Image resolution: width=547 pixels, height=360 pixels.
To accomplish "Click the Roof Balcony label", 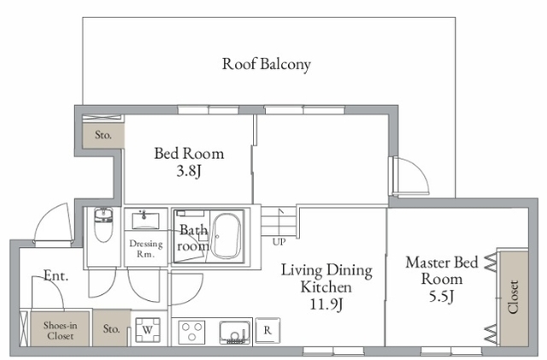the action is (x=267, y=65).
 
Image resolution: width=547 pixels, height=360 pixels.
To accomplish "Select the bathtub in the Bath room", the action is (x=226, y=236).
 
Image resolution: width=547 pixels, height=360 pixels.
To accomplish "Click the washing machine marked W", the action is (x=148, y=330).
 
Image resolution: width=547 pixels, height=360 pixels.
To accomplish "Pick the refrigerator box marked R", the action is (x=268, y=330).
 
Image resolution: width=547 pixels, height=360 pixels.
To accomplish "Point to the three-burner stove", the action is (x=191, y=332).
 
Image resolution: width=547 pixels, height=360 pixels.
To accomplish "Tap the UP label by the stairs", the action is (x=279, y=242).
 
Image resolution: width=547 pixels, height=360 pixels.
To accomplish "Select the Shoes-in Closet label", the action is (x=60, y=330).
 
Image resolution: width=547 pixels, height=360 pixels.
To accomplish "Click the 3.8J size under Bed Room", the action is (x=189, y=171).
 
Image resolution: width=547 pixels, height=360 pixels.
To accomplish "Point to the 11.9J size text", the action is (x=326, y=304).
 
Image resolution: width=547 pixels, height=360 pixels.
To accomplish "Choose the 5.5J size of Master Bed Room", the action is (x=441, y=297).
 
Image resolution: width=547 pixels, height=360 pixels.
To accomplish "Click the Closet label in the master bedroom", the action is (x=513, y=297).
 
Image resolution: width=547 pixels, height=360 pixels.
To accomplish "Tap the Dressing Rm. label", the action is (x=146, y=249).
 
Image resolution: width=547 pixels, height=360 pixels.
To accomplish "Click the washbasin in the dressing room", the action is (x=145, y=220).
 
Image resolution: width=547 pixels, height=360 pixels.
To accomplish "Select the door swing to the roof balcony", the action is (x=411, y=175).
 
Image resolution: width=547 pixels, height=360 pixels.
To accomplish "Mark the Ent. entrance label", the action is (x=56, y=276).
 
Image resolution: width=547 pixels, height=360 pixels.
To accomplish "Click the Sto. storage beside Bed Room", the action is (x=103, y=135).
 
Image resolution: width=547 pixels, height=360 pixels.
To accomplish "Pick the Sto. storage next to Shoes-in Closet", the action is (x=111, y=328).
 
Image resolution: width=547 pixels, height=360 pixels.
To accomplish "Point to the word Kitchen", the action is (x=326, y=287).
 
